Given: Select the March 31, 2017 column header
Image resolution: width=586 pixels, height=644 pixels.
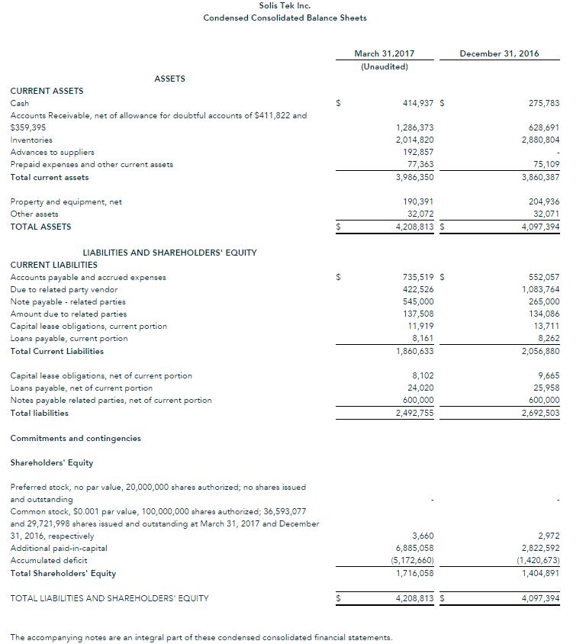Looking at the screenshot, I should click(x=384, y=53).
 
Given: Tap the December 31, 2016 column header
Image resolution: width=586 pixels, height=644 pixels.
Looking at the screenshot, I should click(x=501, y=53).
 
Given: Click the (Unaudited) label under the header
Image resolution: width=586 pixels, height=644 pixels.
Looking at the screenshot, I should click(x=384, y=66).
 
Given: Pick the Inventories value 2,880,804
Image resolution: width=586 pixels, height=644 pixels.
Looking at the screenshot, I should click(x=539, y=140).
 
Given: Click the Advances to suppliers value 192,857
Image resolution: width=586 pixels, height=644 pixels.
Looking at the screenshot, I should click(x=418, y=152).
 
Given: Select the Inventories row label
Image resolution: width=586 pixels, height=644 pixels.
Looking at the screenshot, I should click(x=31, y=140).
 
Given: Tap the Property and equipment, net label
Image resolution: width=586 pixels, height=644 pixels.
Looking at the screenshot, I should click(x=66, y=202).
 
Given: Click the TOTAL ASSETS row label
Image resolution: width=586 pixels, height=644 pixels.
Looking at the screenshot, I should click(x=40, y=227).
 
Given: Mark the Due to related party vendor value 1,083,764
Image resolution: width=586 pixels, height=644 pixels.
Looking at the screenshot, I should click(x=539, y=289).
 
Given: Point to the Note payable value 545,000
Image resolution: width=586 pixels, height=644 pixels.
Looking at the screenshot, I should click(x=418, y=301).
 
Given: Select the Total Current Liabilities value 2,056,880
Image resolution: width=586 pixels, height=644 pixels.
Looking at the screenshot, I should click(x=539, y=351).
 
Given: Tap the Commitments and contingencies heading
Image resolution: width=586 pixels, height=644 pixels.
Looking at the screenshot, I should click(x=76, y=438).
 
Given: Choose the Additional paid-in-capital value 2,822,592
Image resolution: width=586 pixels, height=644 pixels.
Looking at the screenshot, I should click(x=539, y=548).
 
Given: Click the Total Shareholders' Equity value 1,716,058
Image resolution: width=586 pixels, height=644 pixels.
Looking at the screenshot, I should click(x=415, y=573).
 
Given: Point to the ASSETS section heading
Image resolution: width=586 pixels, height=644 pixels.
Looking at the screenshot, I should click(x=169, y=78).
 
